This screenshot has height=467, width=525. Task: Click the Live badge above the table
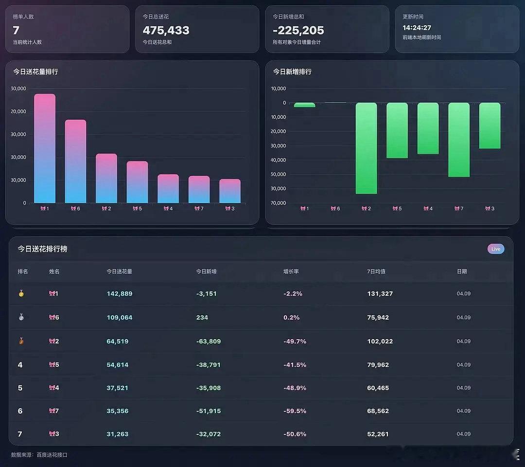[x=496, y=249]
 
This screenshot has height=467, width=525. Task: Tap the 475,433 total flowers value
[x=166, y=30]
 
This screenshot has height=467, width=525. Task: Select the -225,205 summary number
[x=298, y=30]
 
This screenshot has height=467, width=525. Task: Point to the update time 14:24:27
[x=417, y=28]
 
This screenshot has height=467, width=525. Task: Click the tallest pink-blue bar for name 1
[x=45, y=148]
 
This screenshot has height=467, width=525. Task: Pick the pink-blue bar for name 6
[x=75, y=162]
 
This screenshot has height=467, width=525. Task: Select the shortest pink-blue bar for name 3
[x=230, y=191]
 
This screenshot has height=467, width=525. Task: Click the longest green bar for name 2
[x=366, y=148]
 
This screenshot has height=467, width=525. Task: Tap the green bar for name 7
[x=459, y=140]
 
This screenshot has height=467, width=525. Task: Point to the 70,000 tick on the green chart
[x=279, y=203]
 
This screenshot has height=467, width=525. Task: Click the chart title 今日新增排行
[x=292, y=72]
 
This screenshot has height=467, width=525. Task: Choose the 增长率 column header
[x=291, y=271]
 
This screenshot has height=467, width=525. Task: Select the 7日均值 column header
[x=376, y=271]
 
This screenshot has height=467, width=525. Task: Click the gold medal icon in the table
[x=20, y=294]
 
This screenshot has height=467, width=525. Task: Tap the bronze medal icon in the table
[x=20, y=341]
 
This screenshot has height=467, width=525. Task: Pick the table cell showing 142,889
[x=120, y=294]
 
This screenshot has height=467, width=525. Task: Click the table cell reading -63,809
[x=208, y=341]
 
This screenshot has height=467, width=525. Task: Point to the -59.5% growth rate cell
[x=295, y=411]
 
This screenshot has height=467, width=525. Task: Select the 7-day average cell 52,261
[x=378, y=434]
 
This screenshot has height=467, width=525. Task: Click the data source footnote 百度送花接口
[x=52, y=455]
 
